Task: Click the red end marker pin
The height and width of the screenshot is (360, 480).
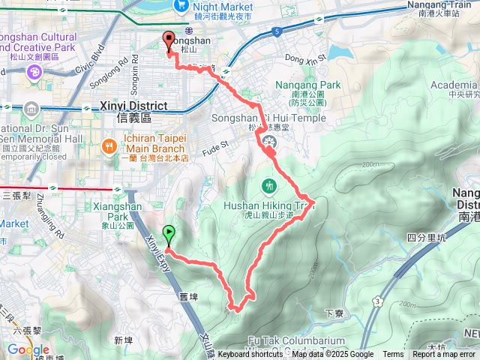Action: pyautogui.click(x=168, y=41)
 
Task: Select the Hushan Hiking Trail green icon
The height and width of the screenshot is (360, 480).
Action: pyautogui.click(x=268, y=185)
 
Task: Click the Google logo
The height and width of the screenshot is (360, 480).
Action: pyautogui.click(x=28, y=349)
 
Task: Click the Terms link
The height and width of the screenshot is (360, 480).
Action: pyautogui.click(x=393, y=355)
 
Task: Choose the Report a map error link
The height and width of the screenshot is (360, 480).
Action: pyautogui.click(x=444, y=355)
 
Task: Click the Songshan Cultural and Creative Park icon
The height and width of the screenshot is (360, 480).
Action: pyautogui.click(x=34, y=72)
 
